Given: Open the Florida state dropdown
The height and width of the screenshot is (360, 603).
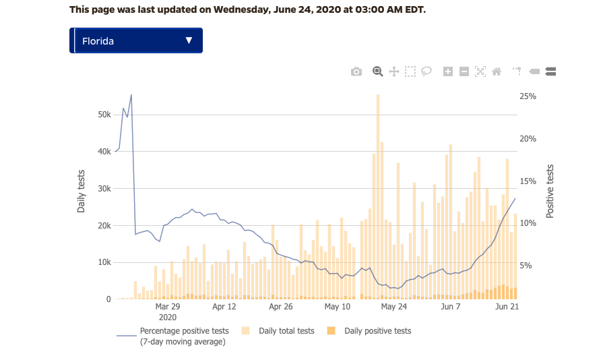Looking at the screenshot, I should coord(135,40).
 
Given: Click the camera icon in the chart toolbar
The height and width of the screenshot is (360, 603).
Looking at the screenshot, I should coord(356,71).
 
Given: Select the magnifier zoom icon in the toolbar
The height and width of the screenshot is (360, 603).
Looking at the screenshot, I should coord(377,71).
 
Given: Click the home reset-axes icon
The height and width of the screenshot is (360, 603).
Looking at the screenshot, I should coord(497,71).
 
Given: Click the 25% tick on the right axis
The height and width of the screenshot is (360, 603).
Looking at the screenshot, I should coord(528,96).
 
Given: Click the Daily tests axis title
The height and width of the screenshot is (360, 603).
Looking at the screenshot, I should coord(82,191).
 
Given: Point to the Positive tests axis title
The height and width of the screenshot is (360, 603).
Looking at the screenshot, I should coord(550,191).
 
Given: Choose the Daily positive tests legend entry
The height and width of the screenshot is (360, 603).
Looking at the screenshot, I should coord(377,331).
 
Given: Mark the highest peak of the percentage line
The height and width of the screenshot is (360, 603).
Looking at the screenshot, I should coord(131,95).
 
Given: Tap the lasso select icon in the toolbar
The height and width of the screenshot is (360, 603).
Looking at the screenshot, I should coord(426,71).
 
